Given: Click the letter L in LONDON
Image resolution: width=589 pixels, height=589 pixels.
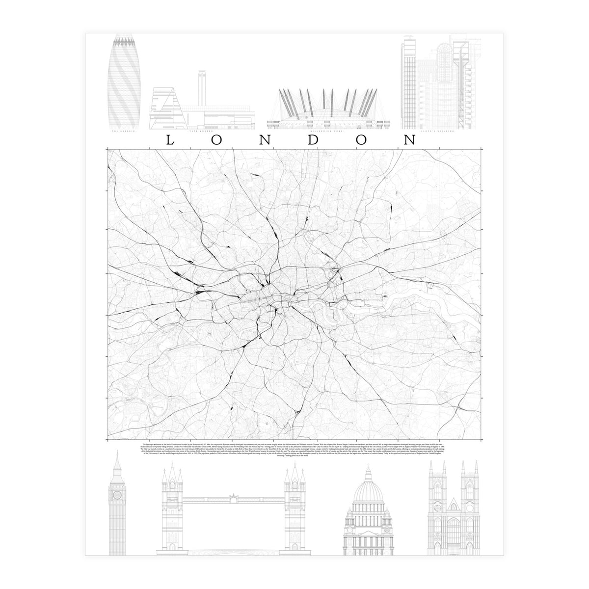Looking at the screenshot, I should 169,140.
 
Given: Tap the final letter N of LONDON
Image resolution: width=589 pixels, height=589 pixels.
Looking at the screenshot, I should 409,140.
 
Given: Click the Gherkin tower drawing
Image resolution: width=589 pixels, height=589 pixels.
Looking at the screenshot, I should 122,81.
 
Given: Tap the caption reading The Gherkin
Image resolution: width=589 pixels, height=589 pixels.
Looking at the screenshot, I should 123,132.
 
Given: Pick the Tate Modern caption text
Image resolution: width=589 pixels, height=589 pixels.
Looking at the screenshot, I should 202,132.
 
